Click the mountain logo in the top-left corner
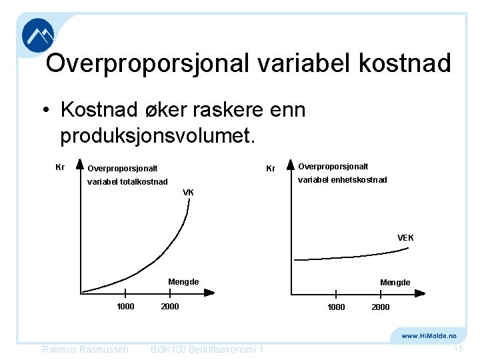[x=38, y=35]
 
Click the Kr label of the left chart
[x=59, y=167]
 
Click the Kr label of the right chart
[x=271, y=169]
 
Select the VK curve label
[x=188, y=193]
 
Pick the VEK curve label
[x=405, y=238]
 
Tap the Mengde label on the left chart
[x=183, y=282]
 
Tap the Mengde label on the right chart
[x=395, y=283]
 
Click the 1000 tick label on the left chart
[x=125, y=307]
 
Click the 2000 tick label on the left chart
[x=170, y=307]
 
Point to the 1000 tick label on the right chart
[x=336, y=307]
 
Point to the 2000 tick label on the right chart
[x=381, y=307]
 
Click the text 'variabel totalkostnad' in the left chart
[x=127, y=181]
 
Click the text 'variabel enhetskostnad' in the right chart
[x=342, y=180]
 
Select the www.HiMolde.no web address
[x=428, y=336]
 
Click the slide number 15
[x=458, y=349]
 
